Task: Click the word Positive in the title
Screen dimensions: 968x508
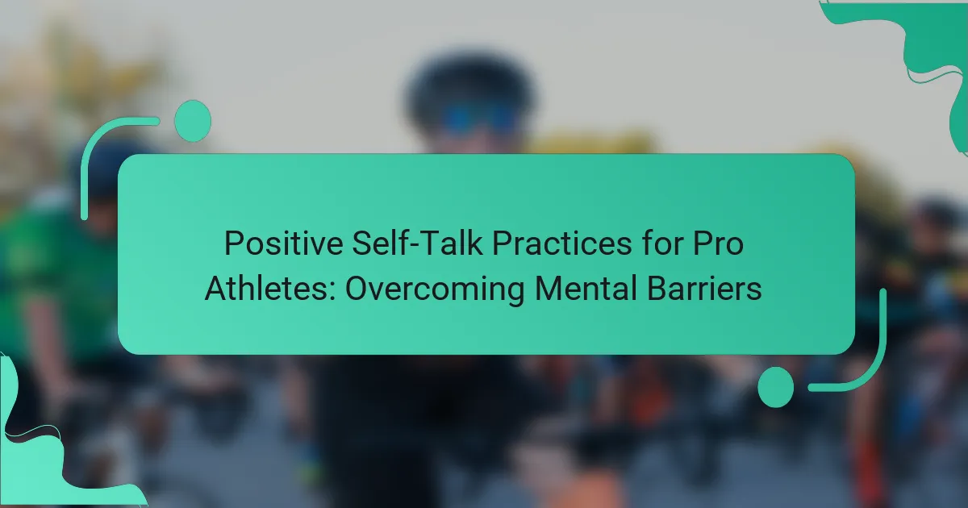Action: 283,244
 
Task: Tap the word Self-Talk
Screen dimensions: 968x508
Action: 417,244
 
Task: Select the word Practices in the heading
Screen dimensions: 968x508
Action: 562,244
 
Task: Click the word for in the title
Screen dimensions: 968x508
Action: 662,244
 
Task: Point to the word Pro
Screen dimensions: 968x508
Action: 718,244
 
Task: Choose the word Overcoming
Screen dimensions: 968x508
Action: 435,290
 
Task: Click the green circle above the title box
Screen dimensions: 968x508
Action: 193,121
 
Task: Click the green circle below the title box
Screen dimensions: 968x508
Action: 776,387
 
